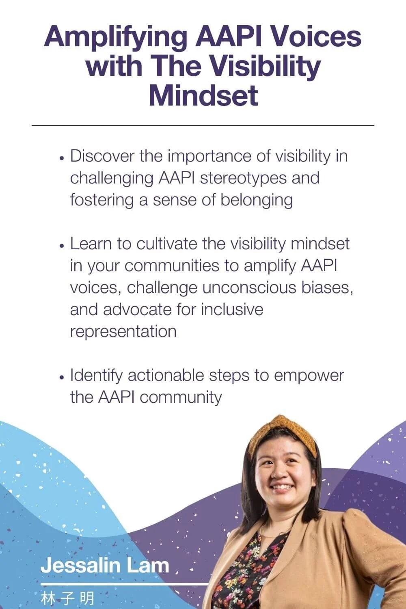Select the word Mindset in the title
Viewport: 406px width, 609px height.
tap(203, 96)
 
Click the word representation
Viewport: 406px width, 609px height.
tap(123, 331)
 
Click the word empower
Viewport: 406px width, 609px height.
tap(309, 376)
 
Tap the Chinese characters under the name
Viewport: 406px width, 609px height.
tap(67, 598)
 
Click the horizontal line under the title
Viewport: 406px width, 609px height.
tap(203, 125)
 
